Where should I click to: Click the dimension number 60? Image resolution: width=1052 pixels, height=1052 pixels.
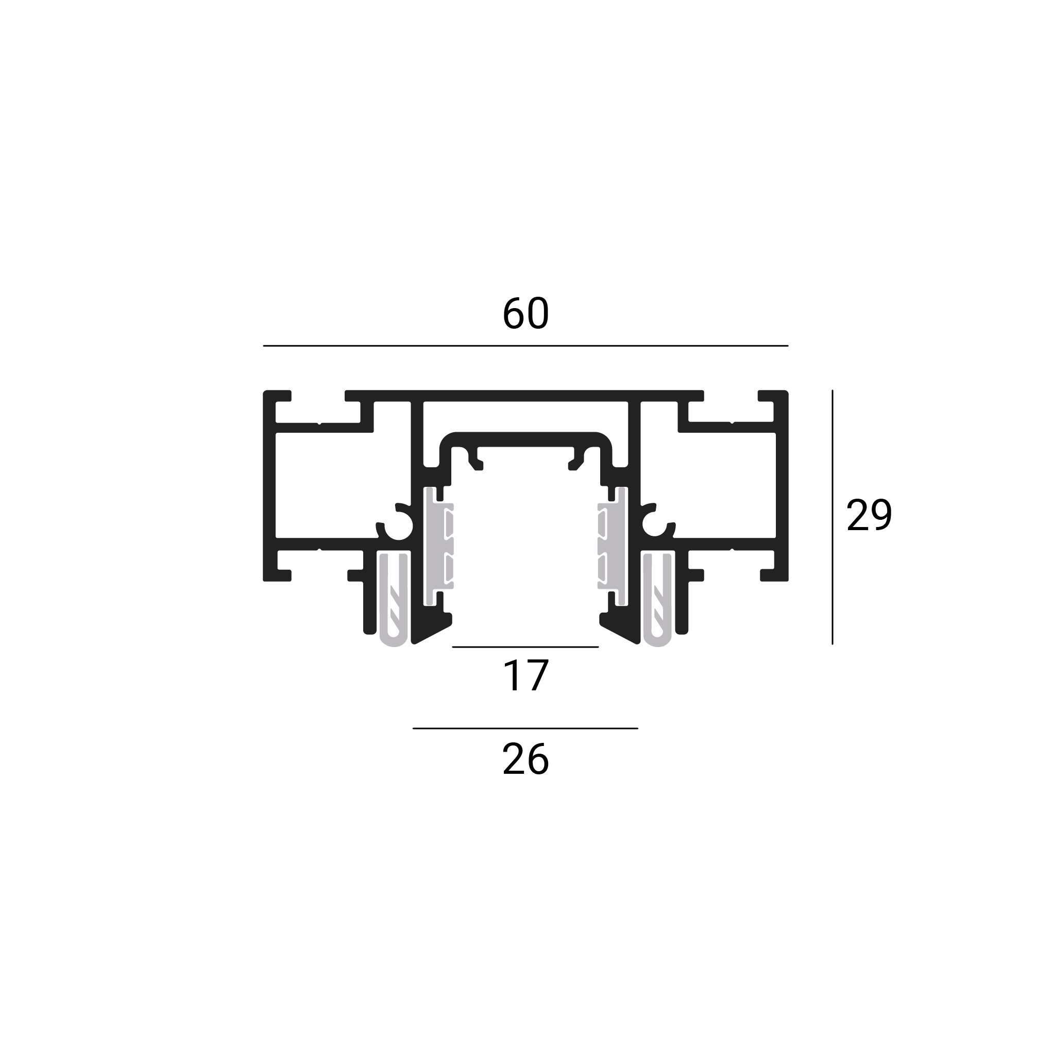point(525,314)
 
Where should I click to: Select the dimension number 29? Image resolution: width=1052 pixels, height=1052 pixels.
point(869,515)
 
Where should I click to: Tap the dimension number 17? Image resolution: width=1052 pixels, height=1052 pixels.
point(525,676)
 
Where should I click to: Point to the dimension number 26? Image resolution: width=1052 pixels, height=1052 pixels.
point(525,759)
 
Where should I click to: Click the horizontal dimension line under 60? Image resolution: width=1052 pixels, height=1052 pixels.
point(525,346)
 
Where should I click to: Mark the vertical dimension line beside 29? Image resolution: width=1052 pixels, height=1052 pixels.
point(833,517)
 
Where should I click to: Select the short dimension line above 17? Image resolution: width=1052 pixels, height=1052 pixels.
point(525,647)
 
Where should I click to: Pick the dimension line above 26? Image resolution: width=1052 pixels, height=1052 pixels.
point(525,728)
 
